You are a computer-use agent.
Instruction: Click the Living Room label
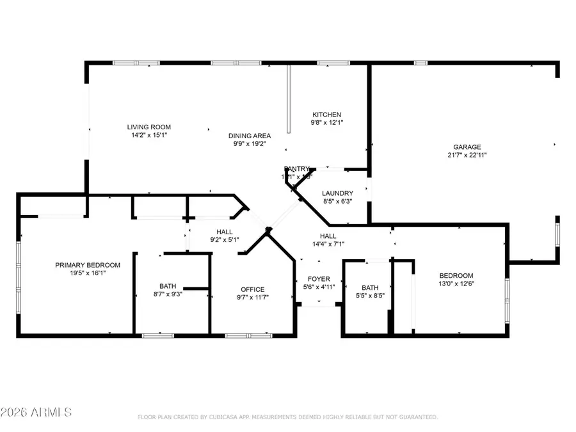click(148, 127)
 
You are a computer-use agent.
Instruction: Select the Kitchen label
click(326, 115)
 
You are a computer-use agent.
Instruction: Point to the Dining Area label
click(250, 136)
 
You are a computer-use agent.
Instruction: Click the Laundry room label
click(337, 193)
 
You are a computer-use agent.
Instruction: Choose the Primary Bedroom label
click(87, 265)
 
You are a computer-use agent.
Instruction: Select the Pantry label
click(297, 169)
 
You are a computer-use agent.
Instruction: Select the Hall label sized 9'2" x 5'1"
click(224, 232)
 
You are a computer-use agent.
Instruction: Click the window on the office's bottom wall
click(249, 335)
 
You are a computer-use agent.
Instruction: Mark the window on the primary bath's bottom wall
click(158, 335)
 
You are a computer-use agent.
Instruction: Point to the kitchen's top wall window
click(330, 63)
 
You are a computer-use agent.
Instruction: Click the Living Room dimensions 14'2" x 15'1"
click(148, 135)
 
